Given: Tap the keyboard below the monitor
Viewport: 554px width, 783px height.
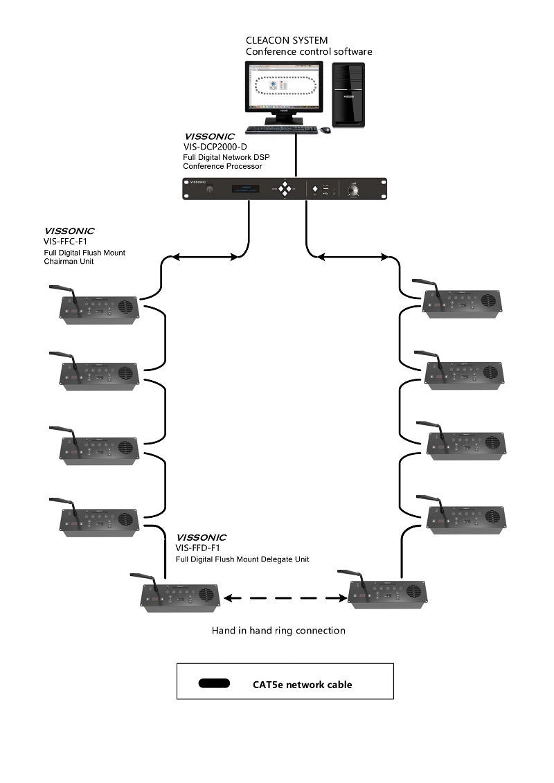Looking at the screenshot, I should tap(281, 129).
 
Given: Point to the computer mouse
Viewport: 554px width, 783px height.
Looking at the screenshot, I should tap(325, 130).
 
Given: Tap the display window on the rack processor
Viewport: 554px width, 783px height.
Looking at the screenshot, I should tap(249, 188).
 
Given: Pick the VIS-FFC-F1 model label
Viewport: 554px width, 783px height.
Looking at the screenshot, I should tap(64, 242).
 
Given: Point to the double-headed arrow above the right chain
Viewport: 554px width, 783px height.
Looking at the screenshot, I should tap(352, 257).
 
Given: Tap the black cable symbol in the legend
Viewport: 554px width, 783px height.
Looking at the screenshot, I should tap(214, 683).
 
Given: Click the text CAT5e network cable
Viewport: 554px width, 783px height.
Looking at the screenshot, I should tap(302, 685).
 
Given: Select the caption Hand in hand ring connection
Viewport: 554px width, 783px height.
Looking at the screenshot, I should tap(278, 631).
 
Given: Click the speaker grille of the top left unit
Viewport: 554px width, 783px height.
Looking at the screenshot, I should tap(125, 307).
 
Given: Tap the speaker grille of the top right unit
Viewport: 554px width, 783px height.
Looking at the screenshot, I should tap(489, 301).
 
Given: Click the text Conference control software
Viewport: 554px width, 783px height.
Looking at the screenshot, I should tap(309, 52).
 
